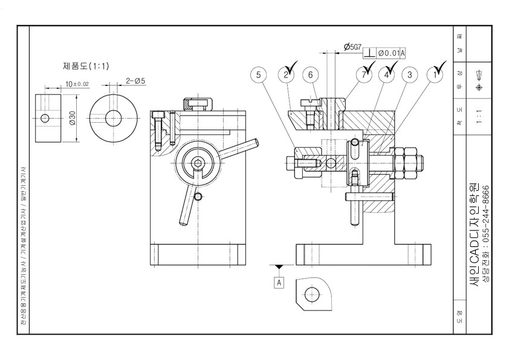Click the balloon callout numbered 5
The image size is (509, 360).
click(259, 75)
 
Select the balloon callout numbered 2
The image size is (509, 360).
click(285, 75)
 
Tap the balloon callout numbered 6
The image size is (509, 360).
click(311, 75)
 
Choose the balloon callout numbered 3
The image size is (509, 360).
click(410, 75)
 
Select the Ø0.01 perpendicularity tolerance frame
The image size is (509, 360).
click(384, 53)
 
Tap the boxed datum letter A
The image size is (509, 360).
click(279, 282)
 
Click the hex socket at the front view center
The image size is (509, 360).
click(197, 164)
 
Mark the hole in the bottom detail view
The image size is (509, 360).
click(312, 295)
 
